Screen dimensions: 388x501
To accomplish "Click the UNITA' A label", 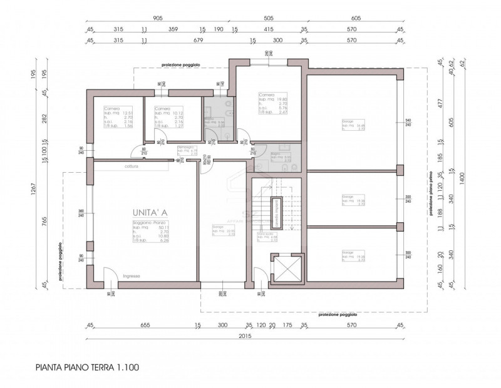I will pyautogui.click(x=150, y=212).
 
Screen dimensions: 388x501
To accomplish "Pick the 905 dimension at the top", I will pyautogui.click(x=157, y=19).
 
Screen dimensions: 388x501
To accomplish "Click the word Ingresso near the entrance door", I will pyautogui.click(x=132, y=276).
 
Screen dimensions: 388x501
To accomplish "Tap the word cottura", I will pyautogui.click(x=131, y=166).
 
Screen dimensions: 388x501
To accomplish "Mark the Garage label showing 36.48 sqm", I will pyautogui.click(x=353, y=125).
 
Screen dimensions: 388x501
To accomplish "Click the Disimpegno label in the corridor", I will pyautogui.click(x=188, y=151).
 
